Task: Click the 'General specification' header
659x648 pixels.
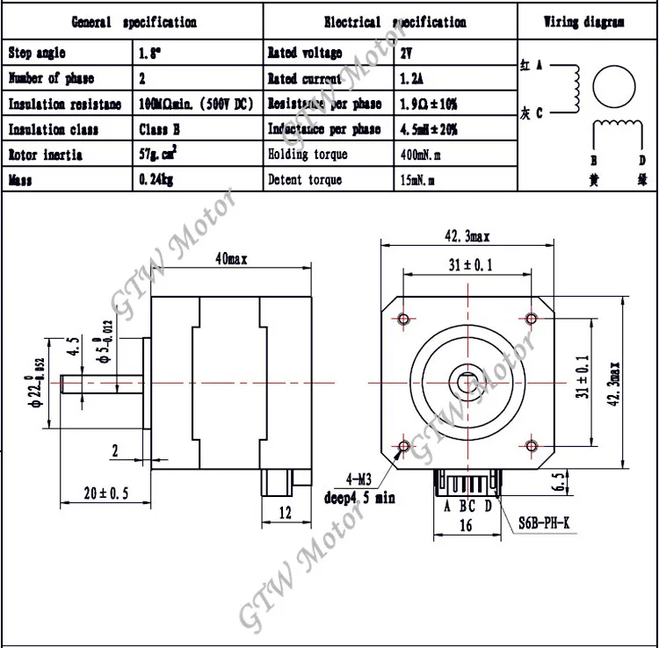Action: [x=134, y=22]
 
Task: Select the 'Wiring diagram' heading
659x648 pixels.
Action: [x=583, y=22]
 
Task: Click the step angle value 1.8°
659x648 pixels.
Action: [x=150, y=54]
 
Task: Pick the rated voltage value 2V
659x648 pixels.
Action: [x=409, y=54]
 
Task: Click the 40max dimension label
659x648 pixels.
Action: [x=231, y=258]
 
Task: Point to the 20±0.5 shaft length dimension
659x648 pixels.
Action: [x=102, y=493]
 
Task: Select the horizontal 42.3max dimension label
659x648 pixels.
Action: [x=467, y=235]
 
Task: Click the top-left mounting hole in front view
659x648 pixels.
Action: [x=404, y=318]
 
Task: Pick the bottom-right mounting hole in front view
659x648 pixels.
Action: [x=531, y=446]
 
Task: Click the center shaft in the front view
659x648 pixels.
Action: [x=467, y=382]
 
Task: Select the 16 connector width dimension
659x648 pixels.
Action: [x=467, y=525]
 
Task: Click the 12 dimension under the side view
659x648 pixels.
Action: [x=285, y=513]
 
